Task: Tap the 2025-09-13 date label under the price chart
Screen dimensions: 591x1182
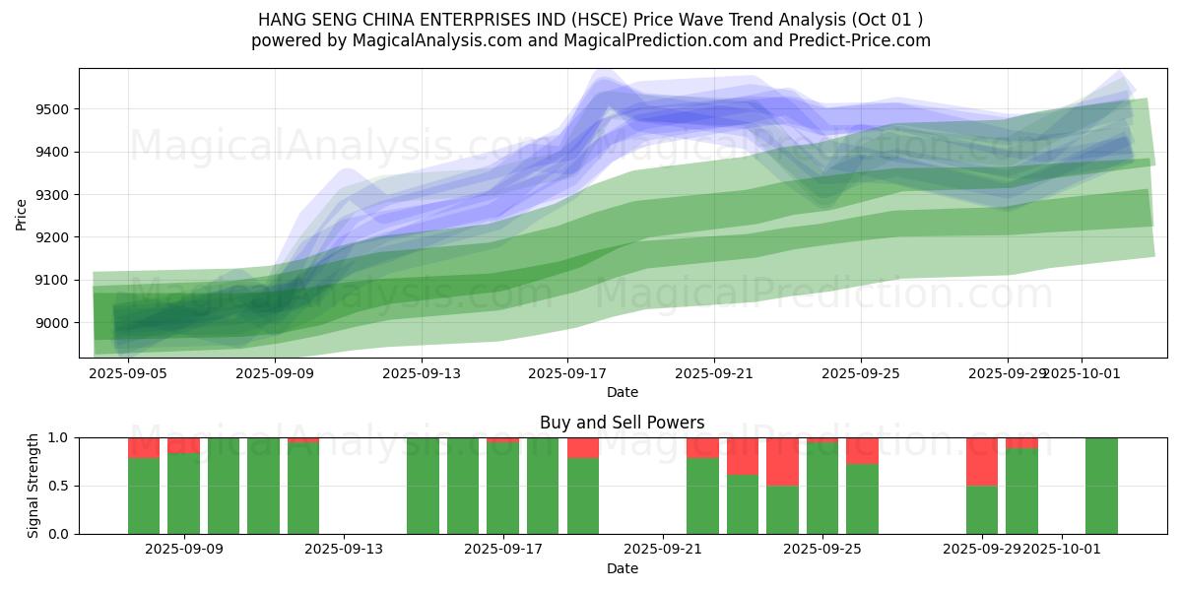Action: pos(421,373)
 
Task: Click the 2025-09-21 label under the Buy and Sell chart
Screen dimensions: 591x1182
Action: pos(663,549)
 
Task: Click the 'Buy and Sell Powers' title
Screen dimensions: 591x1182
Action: pos(622,423)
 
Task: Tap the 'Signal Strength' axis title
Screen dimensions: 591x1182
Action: pos(33,486)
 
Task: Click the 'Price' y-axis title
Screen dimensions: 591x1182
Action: pos(22,215)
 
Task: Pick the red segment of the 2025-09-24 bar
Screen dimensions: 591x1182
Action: pos(782,461)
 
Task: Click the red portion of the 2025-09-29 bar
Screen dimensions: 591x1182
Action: pos(982,461)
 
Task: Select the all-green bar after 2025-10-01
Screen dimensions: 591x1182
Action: pos(1101,486)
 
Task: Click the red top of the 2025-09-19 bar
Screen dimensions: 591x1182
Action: pos(583,447)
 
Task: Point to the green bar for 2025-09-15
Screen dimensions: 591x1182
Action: pos(423,486)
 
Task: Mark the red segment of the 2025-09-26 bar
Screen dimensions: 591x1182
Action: pos(862,450)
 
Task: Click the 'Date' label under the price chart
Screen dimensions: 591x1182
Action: pos(622,392)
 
